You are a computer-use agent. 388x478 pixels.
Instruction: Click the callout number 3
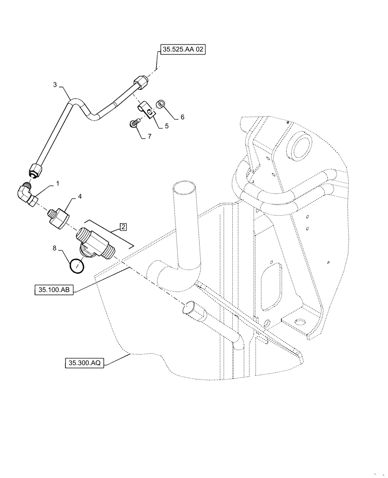(55, 85)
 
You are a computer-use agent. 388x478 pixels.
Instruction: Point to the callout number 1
(58, 184)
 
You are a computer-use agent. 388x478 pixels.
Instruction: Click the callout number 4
(80, 196)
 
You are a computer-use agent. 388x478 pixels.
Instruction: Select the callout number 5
(167, 126)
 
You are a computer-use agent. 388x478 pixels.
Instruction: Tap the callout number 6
(182, 117)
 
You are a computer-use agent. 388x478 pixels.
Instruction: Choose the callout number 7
(150, 136)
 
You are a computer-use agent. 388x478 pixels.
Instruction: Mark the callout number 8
(55, 248)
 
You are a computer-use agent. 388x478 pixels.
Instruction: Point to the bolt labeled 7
(135, 124)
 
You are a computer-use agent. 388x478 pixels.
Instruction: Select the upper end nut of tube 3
(140, 83)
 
